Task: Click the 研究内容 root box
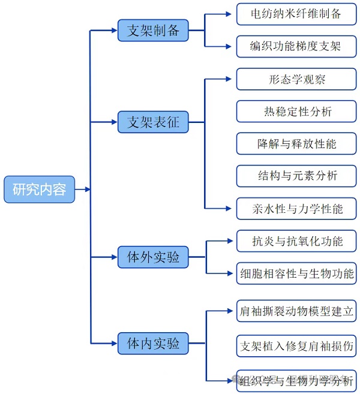(40, 190)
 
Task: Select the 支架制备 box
(153, 31)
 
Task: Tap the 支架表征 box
(153, 122)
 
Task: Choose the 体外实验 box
(153, 257)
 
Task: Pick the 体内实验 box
(153, 343)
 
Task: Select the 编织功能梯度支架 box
(296, 46)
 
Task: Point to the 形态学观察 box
(296, 79)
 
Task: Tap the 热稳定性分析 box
(296, 112)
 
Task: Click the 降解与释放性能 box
(296, 144)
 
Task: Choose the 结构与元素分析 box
(296, 176)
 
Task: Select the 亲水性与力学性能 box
(296, 208)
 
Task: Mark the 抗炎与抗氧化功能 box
(296, 241)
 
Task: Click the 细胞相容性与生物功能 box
(296, 273)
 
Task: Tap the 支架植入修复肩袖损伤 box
(296, 345)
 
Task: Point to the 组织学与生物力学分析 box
(296, 380)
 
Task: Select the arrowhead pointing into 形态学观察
(228, 79)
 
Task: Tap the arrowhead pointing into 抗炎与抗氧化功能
(229, 241)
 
